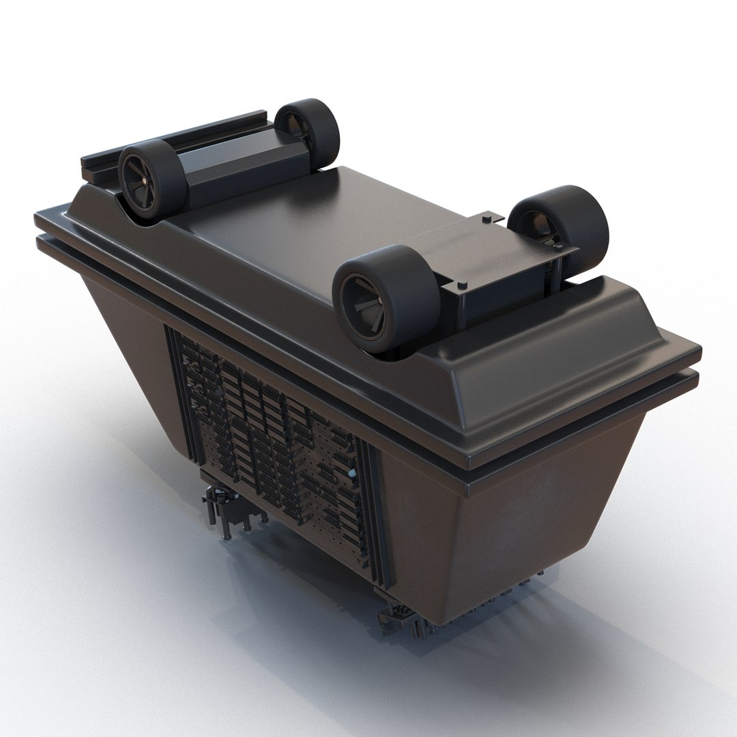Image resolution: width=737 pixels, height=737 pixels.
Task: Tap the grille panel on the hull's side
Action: tap(273, 437)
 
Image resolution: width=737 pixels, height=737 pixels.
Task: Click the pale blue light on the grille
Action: tap(351, 473)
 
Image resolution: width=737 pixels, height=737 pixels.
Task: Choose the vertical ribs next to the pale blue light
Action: tap(369, 498)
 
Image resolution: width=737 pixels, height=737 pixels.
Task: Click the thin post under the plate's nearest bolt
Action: tap(462, 300)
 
